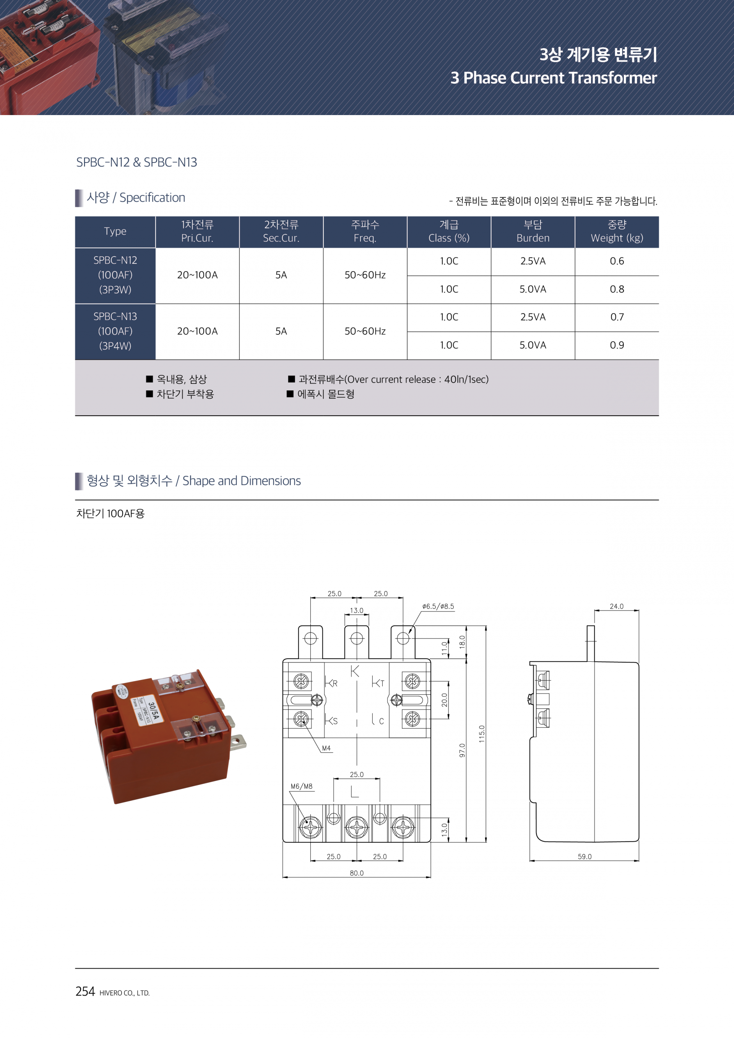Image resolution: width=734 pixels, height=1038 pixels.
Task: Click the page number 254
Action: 85,991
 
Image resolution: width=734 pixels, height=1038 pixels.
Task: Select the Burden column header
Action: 533,231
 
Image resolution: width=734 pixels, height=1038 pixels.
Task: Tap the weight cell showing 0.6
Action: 617,261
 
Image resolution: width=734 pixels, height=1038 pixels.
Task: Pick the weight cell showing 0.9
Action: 617,345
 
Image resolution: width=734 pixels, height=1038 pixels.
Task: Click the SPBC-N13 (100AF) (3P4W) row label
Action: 115,331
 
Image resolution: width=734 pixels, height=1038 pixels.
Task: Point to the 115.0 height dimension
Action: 482,734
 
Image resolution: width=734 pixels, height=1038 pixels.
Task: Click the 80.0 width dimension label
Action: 356,873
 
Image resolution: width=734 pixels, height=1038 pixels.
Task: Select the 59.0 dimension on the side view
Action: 585,857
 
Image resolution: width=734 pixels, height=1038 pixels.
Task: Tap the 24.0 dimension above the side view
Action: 617,606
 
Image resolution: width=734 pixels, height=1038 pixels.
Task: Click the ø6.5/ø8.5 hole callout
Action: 438,606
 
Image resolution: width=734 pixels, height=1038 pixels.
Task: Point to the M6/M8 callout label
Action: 302,786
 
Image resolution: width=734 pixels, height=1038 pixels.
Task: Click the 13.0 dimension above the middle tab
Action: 356,610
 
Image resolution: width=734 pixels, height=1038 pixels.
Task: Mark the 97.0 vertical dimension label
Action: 462,750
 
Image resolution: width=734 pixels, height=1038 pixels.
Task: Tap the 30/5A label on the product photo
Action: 154,710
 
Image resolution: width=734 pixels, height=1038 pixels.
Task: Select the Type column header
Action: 115,231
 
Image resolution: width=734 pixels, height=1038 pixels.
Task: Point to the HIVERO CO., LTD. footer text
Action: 124,993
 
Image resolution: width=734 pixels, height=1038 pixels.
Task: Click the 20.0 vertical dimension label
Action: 444,700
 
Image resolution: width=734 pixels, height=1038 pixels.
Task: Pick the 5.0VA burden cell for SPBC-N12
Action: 533,289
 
